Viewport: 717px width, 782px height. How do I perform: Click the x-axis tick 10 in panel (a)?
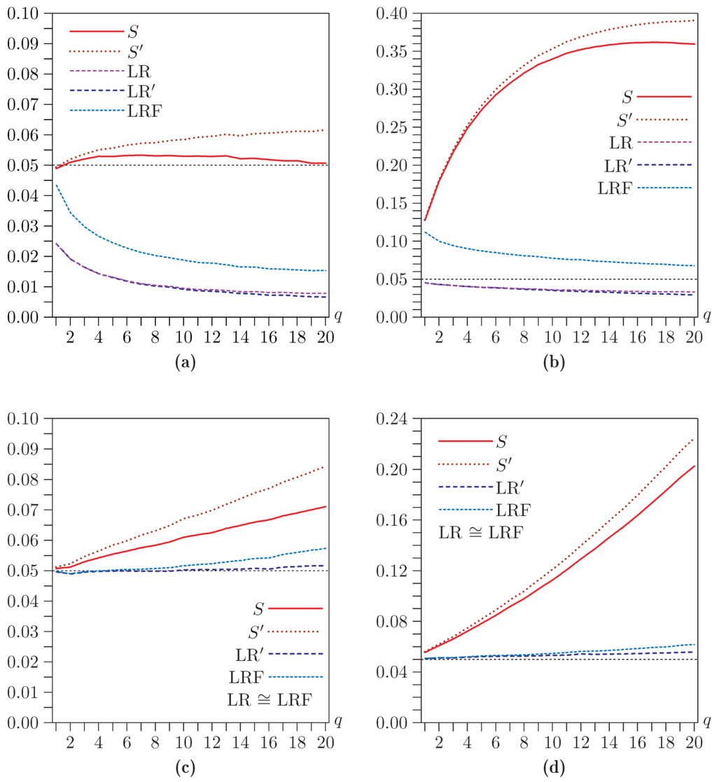183,337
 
